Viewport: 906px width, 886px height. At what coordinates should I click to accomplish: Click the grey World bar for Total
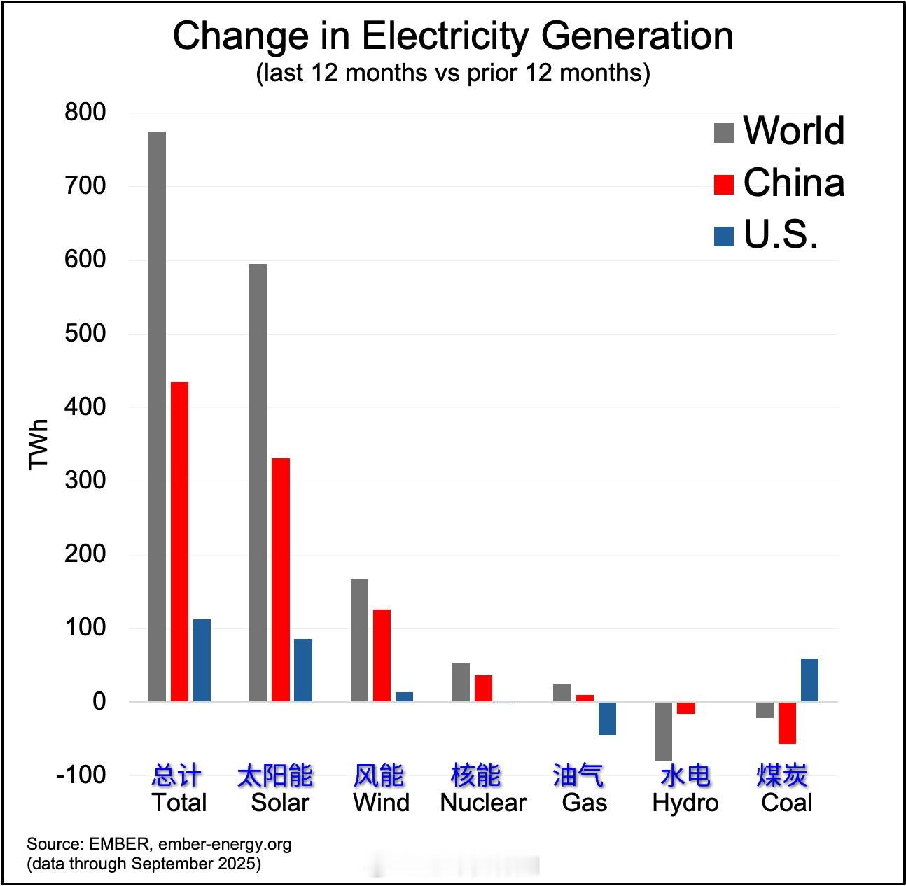157,416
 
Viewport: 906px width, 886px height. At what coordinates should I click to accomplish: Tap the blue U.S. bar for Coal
809,680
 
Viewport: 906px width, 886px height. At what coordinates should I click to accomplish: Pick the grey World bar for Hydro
663,731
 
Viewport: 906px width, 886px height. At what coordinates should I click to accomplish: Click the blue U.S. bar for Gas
607,718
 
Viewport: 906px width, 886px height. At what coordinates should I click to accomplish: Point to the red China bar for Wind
382,655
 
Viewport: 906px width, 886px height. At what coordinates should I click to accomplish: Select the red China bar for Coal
787,723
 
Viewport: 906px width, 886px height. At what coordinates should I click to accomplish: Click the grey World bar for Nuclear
461,682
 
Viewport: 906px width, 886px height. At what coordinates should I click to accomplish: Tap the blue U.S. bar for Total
202,660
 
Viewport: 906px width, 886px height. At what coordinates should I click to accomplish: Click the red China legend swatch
723,184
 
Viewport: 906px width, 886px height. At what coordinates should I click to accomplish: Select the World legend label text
793,131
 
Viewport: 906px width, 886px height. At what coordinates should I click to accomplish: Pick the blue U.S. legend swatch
723,236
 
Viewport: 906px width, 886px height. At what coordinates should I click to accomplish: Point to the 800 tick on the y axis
85,112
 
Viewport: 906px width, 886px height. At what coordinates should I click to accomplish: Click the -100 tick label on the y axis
81,775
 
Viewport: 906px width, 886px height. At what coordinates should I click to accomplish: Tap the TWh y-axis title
39,444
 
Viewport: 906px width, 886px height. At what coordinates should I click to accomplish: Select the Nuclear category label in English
482,803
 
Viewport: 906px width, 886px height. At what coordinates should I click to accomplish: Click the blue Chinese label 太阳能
275,775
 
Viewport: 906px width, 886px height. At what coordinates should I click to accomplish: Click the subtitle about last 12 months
453,73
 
